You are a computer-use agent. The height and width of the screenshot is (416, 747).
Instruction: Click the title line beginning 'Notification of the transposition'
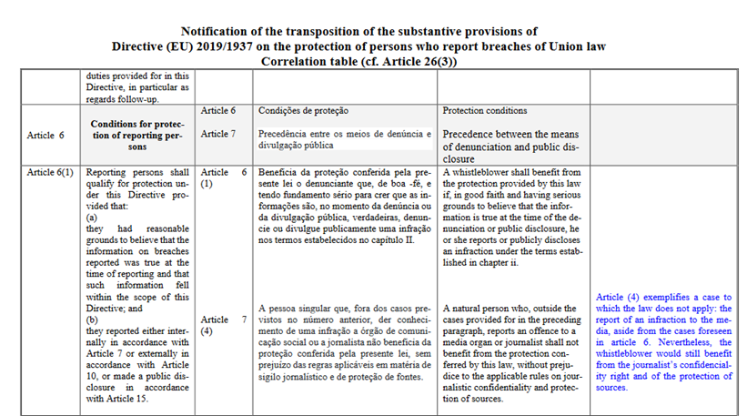[372, 30]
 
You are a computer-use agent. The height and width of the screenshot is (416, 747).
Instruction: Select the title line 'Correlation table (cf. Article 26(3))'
[372, 61]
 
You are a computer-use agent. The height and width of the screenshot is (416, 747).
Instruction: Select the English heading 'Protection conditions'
[484, 110]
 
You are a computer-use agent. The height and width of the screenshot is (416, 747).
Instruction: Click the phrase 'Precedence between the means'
[505, 133]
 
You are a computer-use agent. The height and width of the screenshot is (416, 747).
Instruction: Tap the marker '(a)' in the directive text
[91, 218]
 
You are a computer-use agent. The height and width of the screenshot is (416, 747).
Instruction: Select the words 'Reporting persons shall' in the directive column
[136, 172]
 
